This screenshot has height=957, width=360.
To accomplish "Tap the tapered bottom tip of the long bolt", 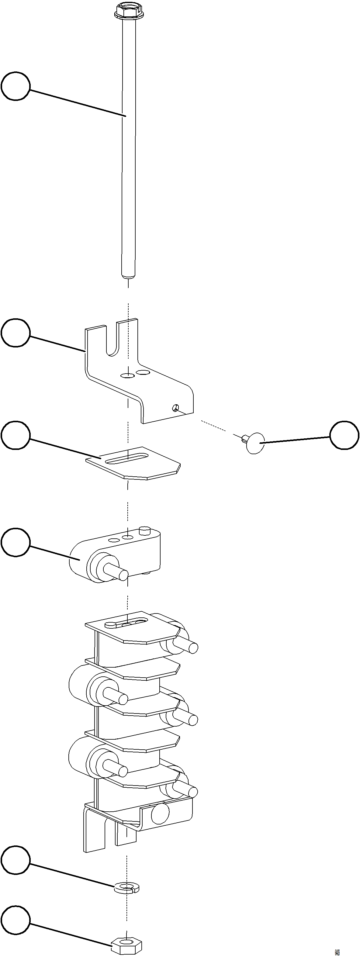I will pyautogui.click(x=128, y=276).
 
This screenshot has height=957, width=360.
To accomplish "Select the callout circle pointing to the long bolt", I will pyautogui.click(x=15, y=86).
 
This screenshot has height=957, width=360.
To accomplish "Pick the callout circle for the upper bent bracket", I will pyautogui.click(x=15, y=333).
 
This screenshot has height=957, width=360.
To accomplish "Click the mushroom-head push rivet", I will pyautogui.click(x=254, y=443).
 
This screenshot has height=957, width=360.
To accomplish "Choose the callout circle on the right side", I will pyautogui.click(x=344, y=435).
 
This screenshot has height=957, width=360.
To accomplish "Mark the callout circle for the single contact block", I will pyautogui.click(x=15, y=542).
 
